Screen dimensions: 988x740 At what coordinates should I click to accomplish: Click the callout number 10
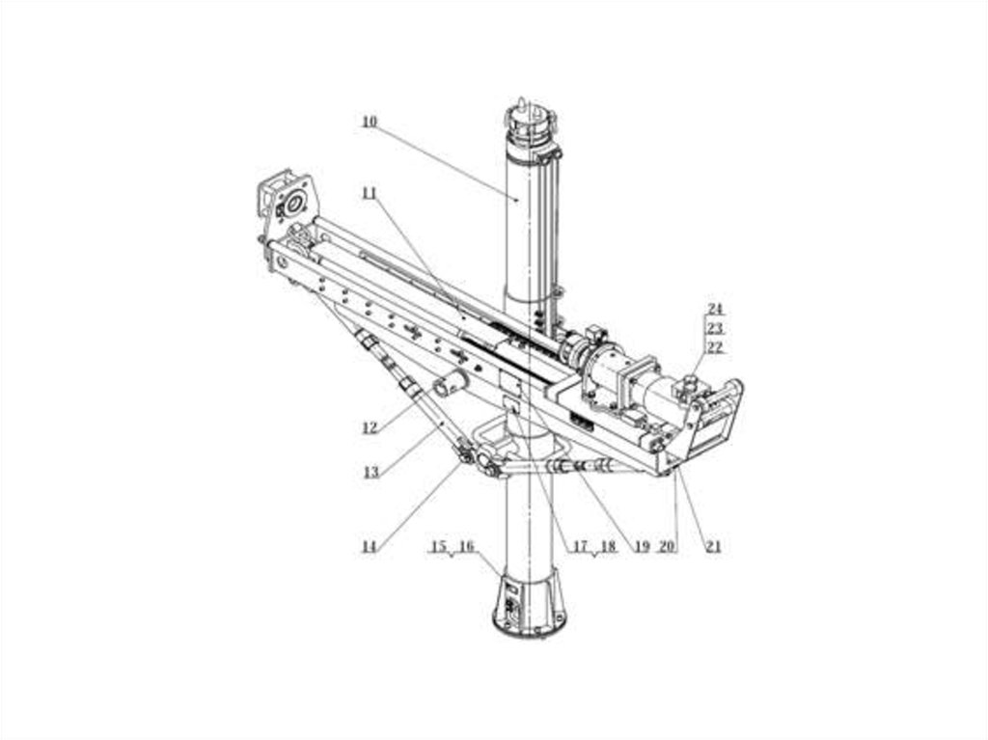coord(370,122)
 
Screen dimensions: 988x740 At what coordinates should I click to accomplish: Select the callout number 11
coord(370,194)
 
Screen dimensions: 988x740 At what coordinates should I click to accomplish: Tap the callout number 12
coord(370,428)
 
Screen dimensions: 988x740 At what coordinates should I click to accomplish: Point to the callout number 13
coord(371,472)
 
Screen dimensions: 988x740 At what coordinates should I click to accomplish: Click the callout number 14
coord(370,546)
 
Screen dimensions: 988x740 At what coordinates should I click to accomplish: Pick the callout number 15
coord(439,546)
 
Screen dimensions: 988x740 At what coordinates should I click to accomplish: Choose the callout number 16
coord(466,546)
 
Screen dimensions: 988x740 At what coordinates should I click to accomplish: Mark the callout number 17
coord(580,546)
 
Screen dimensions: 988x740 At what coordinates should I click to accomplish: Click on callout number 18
coord(608,546)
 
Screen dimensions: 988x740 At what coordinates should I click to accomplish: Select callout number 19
coord(642,546)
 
